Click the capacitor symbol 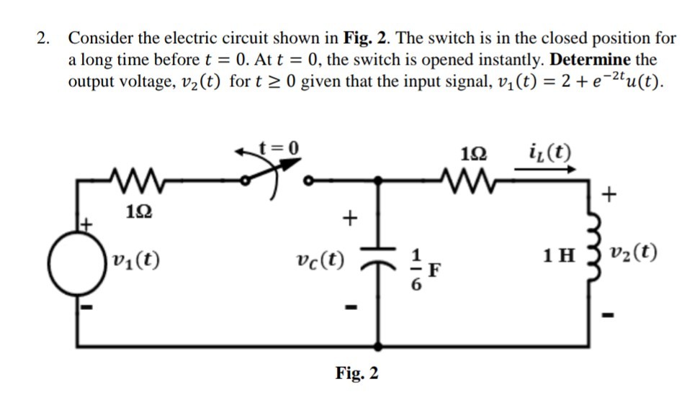coord(375,263)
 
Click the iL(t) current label coord(549,152)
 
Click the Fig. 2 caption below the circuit coord(356,373)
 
